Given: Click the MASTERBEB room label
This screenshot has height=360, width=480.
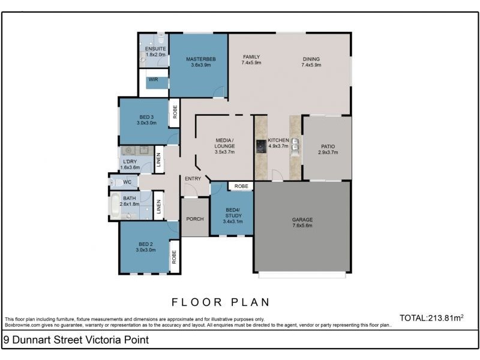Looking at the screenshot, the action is tap(201, 59).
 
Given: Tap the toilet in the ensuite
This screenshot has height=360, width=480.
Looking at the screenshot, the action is tap(161, 38).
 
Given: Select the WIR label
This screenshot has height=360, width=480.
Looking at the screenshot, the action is tap(154, 80).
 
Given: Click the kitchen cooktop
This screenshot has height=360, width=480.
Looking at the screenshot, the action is tap(261, 146).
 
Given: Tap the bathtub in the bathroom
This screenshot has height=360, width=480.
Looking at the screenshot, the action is tap(115, 205).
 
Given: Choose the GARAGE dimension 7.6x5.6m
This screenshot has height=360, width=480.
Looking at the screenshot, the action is tap(302, 226).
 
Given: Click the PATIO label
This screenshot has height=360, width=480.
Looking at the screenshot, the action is tap(328, 146).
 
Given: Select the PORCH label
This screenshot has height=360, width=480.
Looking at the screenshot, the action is tap(195, 219).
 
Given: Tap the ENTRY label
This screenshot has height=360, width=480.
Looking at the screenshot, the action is tap(193, 179).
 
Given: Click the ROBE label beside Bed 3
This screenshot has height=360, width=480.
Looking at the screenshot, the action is tap(175, 112).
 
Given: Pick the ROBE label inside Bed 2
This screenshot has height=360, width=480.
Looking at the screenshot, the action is tap(174, 257).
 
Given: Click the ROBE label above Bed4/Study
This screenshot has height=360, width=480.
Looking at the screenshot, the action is tap(241, 186).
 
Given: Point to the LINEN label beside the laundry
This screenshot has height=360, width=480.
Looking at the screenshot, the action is tap(158, 160).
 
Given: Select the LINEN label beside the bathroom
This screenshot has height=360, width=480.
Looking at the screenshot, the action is tap(158, 206).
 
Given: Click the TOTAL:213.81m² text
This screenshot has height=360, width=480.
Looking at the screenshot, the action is tap(431, 318).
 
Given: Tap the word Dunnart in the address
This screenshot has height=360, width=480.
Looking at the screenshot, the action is tap(32, 340).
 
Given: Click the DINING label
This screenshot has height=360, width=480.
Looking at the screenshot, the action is tap(311, 59).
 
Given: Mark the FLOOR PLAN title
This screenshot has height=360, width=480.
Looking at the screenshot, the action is tap(220, 302).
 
